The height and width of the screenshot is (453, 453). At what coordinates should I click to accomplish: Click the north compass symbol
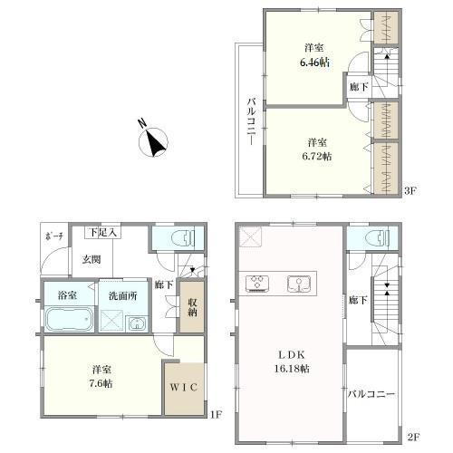point(153,141)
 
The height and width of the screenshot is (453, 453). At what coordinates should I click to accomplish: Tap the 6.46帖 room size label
point(314,63)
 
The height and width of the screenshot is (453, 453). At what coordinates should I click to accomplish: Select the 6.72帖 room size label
point(317,156)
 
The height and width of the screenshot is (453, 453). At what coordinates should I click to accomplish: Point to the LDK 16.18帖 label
point(292,361)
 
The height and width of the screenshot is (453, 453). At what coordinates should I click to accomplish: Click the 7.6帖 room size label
point(101,383)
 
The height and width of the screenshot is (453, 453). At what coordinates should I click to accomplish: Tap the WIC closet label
point(184,387)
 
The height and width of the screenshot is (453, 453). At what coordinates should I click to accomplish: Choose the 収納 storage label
point(192,307)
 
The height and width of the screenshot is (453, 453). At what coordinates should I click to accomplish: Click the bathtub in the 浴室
point(69,319)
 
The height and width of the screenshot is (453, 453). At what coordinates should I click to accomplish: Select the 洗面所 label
point(123,296)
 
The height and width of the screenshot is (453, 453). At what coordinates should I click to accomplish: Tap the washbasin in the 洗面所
point(138,324)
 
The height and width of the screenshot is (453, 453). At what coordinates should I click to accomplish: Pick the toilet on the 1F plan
point(183,238)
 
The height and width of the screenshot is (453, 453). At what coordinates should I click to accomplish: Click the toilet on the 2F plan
point(377,238)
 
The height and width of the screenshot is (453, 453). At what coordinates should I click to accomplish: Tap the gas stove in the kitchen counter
point(257,284)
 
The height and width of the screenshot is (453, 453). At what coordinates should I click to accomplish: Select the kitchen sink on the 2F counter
point(299,284)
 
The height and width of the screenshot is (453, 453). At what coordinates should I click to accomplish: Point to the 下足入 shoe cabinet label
point(102,233)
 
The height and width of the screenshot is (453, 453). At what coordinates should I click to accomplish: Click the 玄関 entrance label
point(92,259)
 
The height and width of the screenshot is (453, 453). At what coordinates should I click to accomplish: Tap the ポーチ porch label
point(54,236)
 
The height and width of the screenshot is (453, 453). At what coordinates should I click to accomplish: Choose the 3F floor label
point(410,190)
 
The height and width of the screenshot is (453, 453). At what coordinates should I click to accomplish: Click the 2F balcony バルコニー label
point(371,394)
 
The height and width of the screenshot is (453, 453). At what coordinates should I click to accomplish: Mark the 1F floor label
point(216,415)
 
